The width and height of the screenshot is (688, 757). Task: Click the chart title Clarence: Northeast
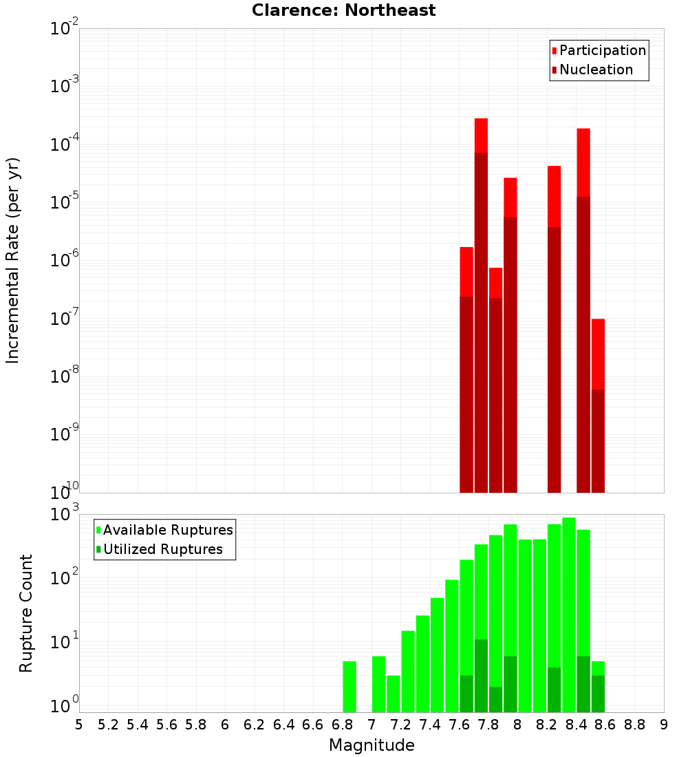click(x=343, y=10)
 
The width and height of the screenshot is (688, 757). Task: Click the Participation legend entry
click(x=599, y=51)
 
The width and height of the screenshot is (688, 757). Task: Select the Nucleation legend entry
click(x=592, y=70)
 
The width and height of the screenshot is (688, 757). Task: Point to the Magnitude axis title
click(x=372, y=745)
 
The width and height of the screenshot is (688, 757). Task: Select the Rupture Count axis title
click(x=26, y=612)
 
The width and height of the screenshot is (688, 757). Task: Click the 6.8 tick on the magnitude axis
click(x=342, y=725)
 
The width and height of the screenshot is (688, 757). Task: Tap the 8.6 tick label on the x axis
click(x=605, y=725)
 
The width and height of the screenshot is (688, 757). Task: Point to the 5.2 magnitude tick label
click(x=108, y=725)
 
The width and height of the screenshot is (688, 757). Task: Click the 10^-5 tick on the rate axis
click(x=63, y=202)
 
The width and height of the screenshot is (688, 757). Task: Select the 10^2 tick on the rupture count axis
click(x=63, y=577)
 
